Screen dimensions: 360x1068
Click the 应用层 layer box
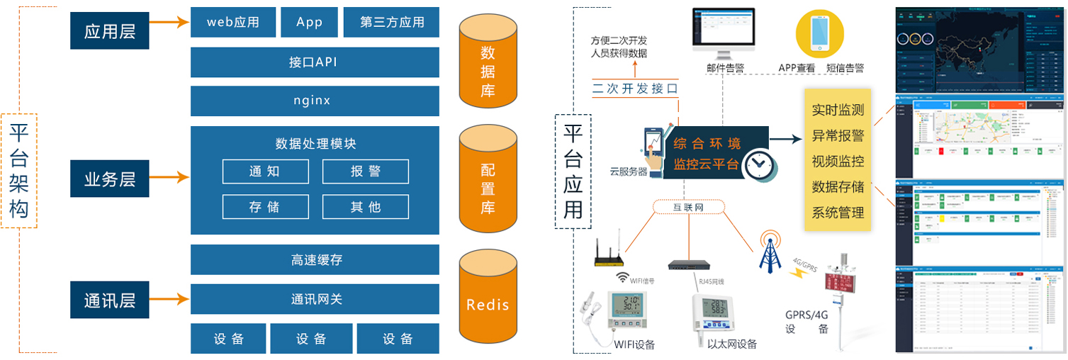point(109,31)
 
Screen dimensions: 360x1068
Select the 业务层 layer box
point(109,178)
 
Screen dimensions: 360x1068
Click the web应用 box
point(232,23)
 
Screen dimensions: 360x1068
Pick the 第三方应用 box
point(391,23)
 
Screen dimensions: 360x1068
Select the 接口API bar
point(315,62)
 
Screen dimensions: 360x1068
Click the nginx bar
point(315,100)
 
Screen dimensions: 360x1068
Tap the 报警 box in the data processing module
point(365,171)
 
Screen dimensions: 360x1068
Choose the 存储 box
point(265,207)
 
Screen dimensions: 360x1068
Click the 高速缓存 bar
point(315,260)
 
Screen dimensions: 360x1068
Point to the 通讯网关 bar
point(315,299)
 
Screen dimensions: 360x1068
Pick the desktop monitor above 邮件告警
point(723,32)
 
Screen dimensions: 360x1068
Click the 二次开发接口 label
point(635,89)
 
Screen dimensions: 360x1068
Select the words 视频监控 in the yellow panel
point(838,161)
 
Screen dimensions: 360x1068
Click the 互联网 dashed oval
point(688,208)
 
